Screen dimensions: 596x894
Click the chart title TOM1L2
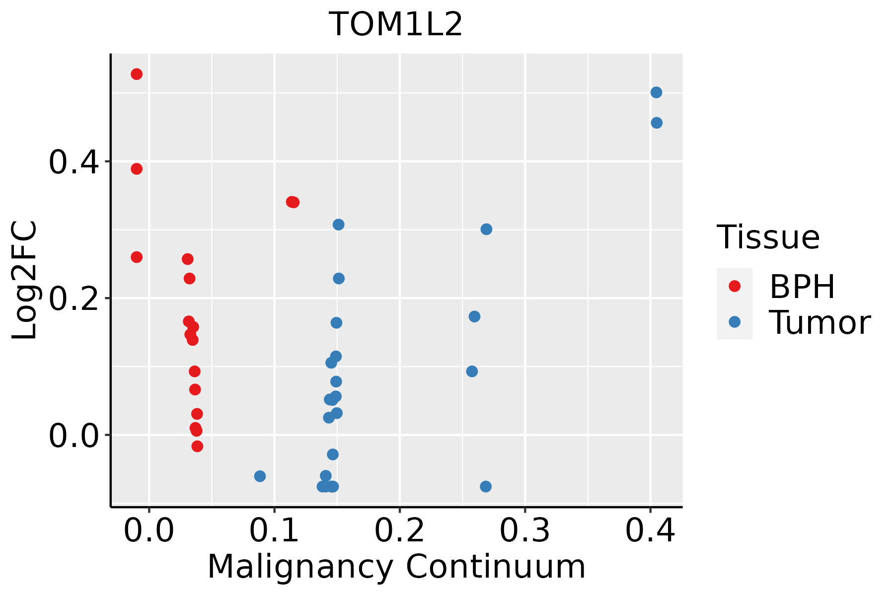396,24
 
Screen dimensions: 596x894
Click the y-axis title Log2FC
24,281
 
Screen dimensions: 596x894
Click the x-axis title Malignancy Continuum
396,567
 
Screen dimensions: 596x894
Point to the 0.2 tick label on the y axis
74,299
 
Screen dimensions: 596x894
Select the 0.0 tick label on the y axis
74,436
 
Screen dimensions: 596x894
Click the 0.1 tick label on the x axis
274,530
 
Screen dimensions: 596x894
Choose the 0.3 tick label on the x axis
525,530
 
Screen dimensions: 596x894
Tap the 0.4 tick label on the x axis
650,530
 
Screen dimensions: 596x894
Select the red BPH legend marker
734,286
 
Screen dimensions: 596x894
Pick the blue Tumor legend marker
734,322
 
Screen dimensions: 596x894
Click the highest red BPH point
137,74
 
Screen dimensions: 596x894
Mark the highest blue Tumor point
656,92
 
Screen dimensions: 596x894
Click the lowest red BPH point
197,446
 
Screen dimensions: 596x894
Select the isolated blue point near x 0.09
260,476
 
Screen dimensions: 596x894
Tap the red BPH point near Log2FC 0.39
137,169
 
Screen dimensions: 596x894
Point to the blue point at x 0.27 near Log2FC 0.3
486,229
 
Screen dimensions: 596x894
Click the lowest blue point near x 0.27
486,486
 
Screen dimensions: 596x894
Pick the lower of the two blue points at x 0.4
657,123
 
